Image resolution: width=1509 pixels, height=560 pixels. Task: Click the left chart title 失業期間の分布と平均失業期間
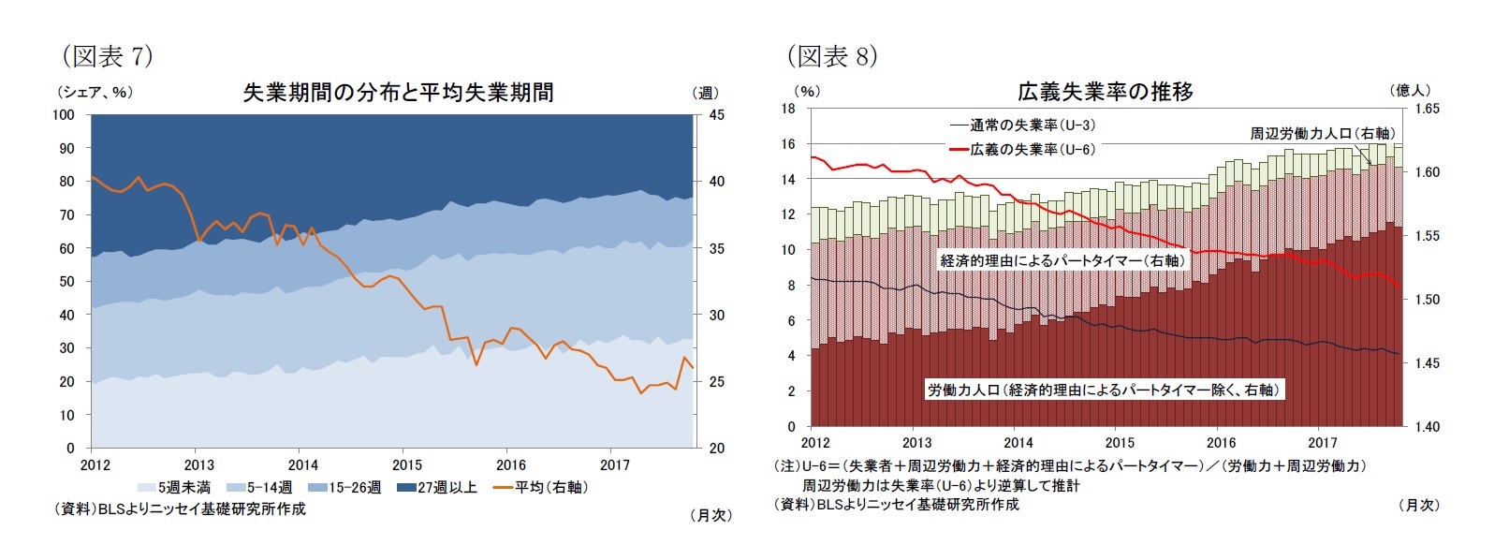[x=398, y=92]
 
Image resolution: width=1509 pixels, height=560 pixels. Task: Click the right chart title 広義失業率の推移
[x=1105, y=92]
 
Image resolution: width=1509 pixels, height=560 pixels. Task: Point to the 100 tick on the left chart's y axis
[x=63, y=115]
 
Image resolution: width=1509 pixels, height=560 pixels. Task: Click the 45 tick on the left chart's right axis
[x=716, y=115]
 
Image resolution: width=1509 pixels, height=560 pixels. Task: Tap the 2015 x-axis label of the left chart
[x=406, y=464]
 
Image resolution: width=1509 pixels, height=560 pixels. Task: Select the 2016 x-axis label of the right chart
[x=1221, y=443]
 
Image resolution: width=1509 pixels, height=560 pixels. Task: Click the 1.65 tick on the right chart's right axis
[x=1427, y=109]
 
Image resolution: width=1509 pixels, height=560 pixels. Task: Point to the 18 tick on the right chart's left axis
[x=788, y=109]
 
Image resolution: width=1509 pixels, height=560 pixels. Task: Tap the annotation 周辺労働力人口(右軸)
[x=1321, y=133]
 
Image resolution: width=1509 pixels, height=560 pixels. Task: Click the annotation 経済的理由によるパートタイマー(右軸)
[x=1062, y=260]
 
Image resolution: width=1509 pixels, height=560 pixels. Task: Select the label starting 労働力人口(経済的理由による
[x=1103, y=390]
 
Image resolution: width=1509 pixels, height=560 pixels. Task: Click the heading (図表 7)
[x=108, y=56]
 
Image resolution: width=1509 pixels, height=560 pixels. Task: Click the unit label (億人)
[x=1412, y=90]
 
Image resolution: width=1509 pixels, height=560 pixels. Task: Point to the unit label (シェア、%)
[x=95, y=92]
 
